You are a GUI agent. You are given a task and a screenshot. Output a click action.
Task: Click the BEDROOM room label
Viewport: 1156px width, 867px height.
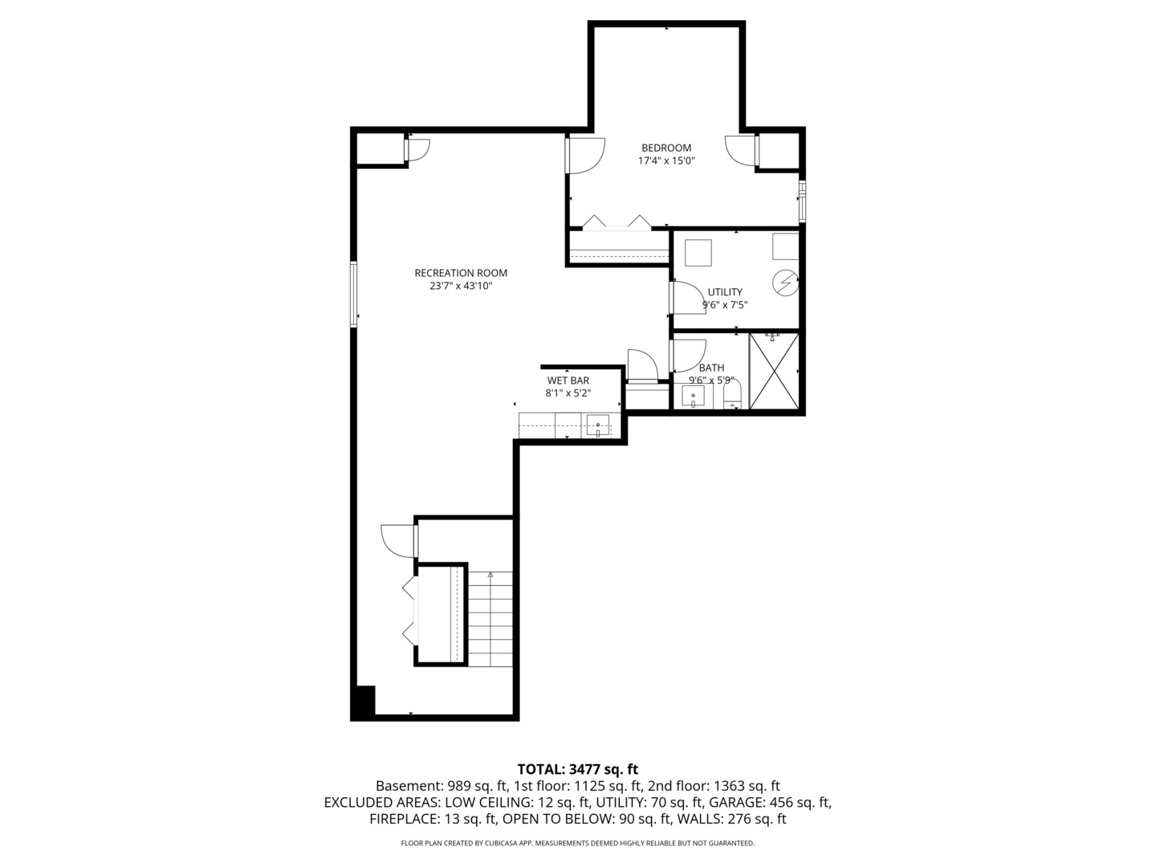click(x=666, y=148)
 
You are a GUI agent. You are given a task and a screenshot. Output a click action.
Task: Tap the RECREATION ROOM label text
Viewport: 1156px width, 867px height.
click(x=461, y=273)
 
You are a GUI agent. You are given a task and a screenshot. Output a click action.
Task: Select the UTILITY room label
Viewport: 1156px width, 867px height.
click(x=725, y=292)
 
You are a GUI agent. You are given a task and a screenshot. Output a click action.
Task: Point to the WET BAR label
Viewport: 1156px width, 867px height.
click(x=568, y=381)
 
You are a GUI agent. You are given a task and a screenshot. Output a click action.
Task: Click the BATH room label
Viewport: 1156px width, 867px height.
click(x=711, y=368)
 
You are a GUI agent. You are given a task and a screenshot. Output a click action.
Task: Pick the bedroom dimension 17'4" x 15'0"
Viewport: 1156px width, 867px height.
click(x=666, y=161)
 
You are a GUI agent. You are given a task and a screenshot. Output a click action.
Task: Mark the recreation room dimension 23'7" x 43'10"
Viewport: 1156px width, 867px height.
click(x=461, y=286)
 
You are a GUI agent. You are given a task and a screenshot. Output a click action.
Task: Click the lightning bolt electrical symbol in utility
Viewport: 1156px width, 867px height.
click(x=785, y=283)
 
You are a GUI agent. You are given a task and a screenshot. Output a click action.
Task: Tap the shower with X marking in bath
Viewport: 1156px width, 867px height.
click(x=774, y=371)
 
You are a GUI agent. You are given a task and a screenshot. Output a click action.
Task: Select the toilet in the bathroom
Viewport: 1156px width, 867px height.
click(x=731, y=396)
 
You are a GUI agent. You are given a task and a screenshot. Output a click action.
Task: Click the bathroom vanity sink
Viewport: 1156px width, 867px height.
click(x=693, y=397)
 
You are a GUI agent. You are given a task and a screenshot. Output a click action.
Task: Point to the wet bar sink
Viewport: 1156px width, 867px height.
click(x=598, y=426)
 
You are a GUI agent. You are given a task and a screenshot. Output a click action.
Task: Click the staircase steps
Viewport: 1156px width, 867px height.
click(x=490, y=619)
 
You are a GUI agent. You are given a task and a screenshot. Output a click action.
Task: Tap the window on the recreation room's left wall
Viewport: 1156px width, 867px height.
click(x=354, y=295)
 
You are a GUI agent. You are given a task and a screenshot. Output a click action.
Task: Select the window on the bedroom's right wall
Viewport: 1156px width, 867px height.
click(x=802, y=201)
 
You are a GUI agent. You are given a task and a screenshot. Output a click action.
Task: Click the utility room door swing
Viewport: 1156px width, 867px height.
click(x=686, y=298)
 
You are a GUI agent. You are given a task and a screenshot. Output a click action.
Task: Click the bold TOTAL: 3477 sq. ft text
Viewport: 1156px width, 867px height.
click(x=577, y=769)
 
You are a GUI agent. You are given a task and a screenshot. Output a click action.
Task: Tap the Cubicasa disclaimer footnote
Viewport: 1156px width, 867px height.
click(x=577, y=843)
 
